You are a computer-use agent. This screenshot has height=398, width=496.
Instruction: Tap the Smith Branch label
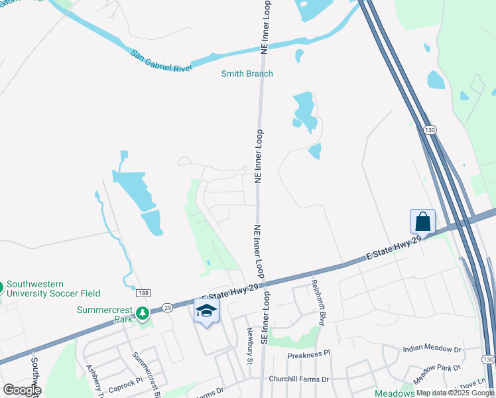pyautogui.click(x=247, y=74)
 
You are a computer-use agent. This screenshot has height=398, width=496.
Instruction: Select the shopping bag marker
pyautogui.click(x=422, y=221)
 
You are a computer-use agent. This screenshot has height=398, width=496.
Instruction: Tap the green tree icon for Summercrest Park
pyautogui.click(x=141, y=312)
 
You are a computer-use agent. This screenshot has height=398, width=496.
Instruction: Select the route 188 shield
pyautogui.click(x=143, y=293)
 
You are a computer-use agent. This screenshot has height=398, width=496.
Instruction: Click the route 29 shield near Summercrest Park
pyautogui.click(x=168, y=308)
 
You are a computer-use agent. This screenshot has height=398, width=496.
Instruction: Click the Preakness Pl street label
pyautogui.click(x=308, y=355)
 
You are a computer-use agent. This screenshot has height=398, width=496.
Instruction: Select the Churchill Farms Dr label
pyautogui.click(x=298, y=379)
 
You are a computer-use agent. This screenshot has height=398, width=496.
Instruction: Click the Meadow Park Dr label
pyautogui.click(x=437, y=372)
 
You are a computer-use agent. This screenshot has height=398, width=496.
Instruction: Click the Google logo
pyautogui.click(x=21, y=390)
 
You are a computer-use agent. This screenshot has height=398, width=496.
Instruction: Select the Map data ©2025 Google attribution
pyautogui.click(x=456, y=393)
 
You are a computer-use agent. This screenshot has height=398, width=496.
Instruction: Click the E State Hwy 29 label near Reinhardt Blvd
pyautogui.click(x=395, y=250)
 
